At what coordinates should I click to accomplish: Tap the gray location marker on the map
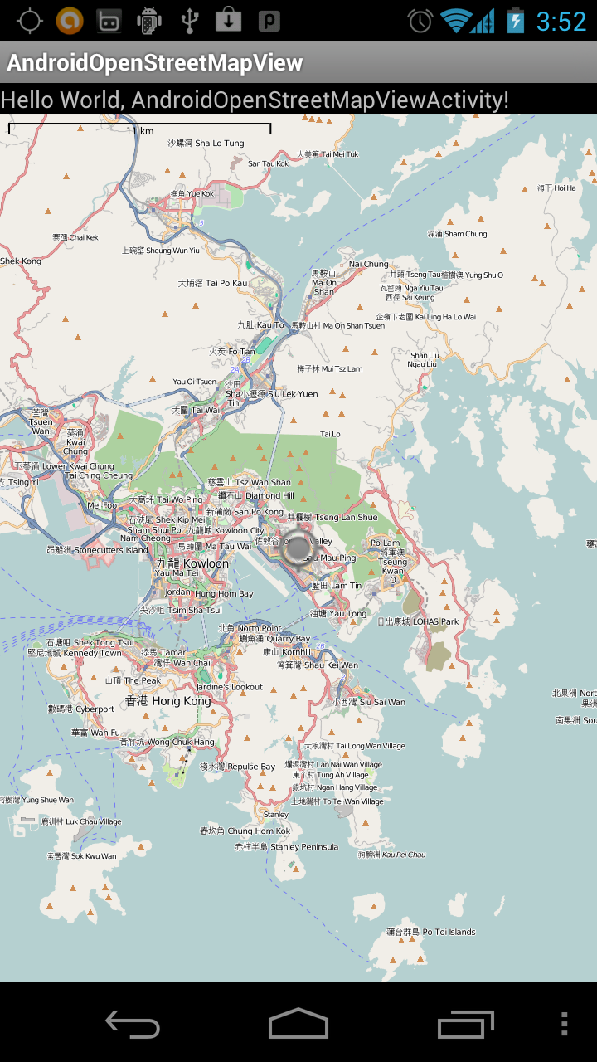[x=297, y=548]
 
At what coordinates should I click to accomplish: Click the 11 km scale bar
[x=139, y=129]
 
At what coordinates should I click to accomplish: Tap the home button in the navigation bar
[x=298, y=1024]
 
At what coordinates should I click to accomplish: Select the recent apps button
[x=465, y=1024]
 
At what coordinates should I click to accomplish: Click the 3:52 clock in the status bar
[x=561, y=21]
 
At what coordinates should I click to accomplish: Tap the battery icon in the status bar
[x=516, y=21]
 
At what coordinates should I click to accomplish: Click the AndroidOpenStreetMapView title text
[x=155, y=63]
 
